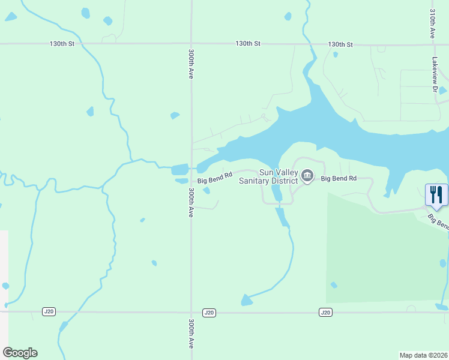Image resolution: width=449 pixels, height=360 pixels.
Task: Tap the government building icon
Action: point(307,176)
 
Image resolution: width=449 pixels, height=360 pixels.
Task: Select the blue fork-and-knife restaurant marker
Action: point(436,194)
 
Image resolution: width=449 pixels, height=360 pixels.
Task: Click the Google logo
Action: point(20,353)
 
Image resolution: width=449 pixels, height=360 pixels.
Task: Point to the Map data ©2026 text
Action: point(424,355)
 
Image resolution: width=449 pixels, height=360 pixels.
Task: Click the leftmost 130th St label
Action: point(62,44)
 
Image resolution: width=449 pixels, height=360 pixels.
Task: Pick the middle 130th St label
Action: point(248,44)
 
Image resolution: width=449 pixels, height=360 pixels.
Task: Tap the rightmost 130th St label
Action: point(340,44)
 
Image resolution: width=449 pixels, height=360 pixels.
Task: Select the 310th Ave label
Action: point(432,24)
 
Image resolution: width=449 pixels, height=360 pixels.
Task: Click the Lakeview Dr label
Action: point(435,74)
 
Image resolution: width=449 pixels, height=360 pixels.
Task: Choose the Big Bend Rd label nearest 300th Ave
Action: point(215,181)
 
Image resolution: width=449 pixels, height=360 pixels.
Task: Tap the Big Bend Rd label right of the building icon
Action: point(339,179)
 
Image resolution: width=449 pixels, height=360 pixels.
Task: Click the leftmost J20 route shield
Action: point(49,311)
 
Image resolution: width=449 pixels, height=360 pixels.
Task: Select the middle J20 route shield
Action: point(209,312)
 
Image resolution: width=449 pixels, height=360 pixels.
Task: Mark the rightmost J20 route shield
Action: point(325,312)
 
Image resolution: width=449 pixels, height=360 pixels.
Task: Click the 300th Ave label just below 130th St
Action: point(191,64)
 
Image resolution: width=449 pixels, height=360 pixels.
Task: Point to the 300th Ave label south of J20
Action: point(191,334)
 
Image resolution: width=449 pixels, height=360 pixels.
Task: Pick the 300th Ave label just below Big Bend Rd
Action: point(191,202)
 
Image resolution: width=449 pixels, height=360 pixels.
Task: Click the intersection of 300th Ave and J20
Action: point(191,312)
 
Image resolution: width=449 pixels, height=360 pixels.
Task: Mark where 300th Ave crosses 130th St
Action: point(191,44)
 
